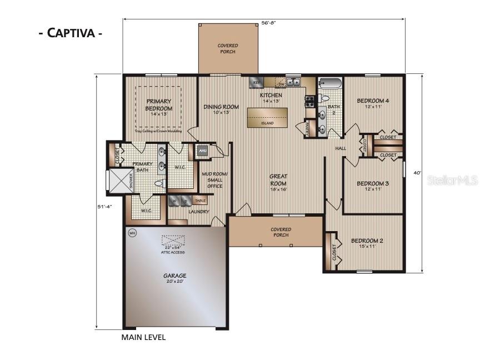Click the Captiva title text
[70, 32]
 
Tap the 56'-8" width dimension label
[268, 23]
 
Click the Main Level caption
[143, 337]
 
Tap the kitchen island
[267, 117]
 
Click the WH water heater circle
[132, 233]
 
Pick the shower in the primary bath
[118, 181]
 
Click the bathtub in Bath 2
[330, 84]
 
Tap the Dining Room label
[221, 109]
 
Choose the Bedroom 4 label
[372, 103]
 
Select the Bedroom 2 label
[367, 243]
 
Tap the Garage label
[174, 278]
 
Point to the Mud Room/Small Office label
[215, 180]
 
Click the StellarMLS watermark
[451, 181]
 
